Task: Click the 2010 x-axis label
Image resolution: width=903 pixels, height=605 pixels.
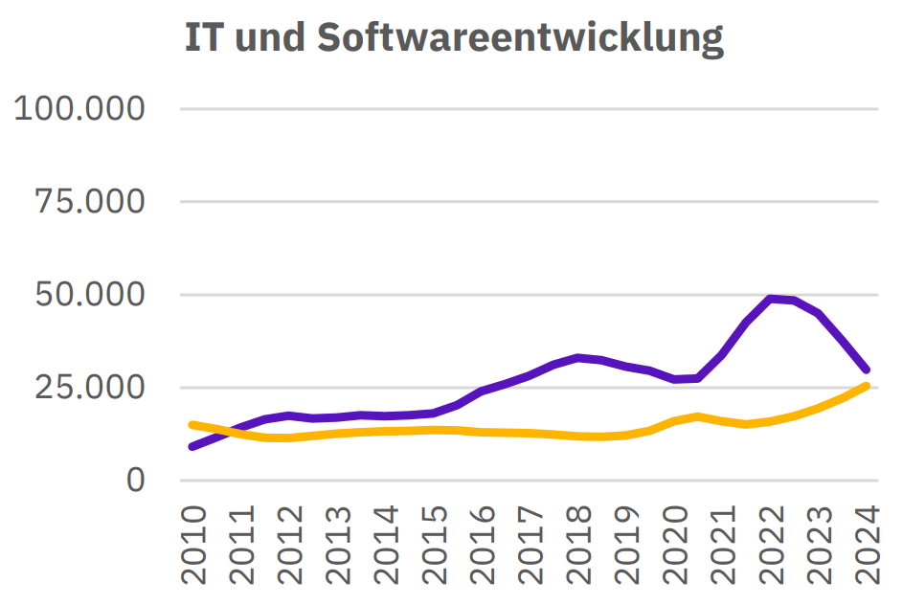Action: [x=194, y=546]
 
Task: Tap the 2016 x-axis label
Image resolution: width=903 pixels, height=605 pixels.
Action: [x=483, y=546]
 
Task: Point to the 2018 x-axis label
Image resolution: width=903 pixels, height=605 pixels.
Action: [x=578, y=546]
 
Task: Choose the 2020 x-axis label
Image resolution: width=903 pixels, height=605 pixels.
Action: [x=675, y=546]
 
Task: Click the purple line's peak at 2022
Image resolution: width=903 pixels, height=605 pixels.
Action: [x=771, y=299]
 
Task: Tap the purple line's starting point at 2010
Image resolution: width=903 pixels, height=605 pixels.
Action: [x=193, y=446]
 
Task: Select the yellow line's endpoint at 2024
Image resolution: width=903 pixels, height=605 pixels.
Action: [x=866, y=386]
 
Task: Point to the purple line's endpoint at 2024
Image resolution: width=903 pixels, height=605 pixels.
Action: [x=866, y=370]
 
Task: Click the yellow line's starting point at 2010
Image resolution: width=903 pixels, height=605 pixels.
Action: [x=193, y=424]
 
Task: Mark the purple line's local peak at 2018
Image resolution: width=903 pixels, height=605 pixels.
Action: [x=578, y=357]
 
